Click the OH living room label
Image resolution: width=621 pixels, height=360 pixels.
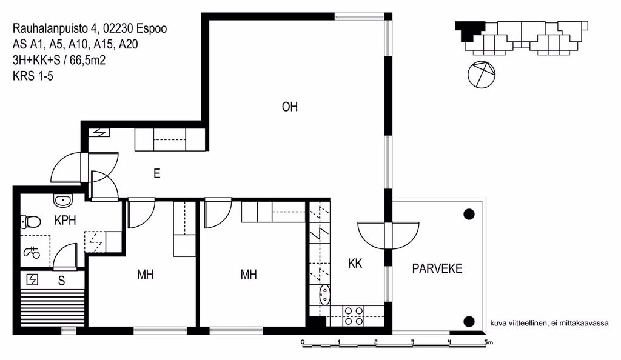tap(289, 107)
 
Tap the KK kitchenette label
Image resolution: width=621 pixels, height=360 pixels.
tap(355, 264)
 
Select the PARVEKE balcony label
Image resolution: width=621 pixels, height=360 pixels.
tap(437, 269)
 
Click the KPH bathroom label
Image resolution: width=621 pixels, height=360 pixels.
tap(65, 221)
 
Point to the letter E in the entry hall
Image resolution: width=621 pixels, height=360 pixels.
tap(157, 174)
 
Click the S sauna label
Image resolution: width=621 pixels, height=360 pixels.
tap(61, 281)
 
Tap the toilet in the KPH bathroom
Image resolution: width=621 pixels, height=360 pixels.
tap(30, 222)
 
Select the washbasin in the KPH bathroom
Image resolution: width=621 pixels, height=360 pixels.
tap(62, 201)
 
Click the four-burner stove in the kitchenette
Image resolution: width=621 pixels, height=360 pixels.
tap(354, 316)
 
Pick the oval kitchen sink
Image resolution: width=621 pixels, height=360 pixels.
tap(324, 295)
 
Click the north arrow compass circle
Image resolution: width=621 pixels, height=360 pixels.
tap(481, 75)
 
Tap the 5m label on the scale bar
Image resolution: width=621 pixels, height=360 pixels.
tap(488, 342)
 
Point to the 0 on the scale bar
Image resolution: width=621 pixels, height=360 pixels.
tap(303, 342)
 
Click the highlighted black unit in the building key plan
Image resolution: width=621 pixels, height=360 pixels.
tap(470, 30)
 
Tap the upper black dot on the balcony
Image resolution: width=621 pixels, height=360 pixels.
tap(469, 215)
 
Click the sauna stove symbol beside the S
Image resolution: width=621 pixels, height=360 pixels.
tap(32, 280)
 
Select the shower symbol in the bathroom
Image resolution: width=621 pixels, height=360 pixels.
tap(32, 252)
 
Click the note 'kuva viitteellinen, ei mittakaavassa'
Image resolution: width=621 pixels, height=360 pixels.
tap(549, 323)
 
